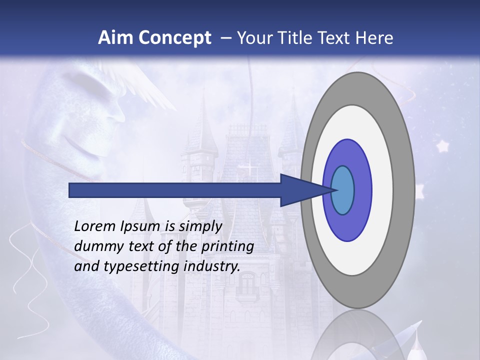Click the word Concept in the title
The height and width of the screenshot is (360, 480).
(x=174, y=38)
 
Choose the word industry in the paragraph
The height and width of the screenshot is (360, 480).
(x=212, y=267)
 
